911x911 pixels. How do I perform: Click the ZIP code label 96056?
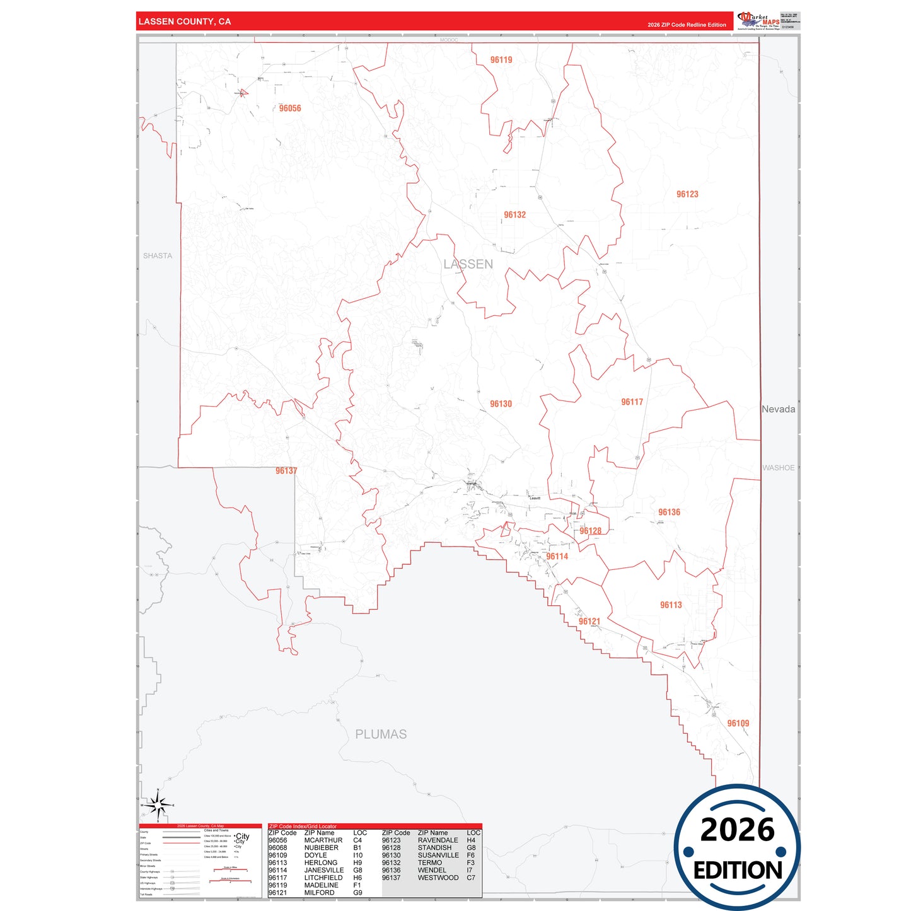click(290, 108)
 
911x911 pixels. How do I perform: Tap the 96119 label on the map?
click(501, 60)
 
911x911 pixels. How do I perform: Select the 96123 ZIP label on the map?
click(687, 194)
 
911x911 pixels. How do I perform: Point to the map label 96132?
click(514, 215)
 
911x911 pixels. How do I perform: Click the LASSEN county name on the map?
click(468, 264)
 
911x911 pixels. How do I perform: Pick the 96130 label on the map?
click(501, 404)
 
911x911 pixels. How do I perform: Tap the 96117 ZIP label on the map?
click(632, 402)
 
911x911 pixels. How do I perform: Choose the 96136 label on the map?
click(669, 513)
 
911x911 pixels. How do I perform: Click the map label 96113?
click(671, 605)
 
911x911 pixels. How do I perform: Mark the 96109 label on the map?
click(738, 724)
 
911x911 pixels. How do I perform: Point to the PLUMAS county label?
click(381, 734)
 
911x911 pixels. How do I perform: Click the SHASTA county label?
click(158, 256)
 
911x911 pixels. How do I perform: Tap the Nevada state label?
click(778, 409)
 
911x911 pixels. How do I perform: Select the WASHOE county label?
click(778, 468)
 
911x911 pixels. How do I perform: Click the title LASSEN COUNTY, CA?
click(185, 21)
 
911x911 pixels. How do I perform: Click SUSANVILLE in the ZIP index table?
click(438, 856)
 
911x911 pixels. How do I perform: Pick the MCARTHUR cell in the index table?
click(323, 840)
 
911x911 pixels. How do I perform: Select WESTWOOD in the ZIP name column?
click(438, 878)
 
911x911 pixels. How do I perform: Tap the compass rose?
click(158, 805)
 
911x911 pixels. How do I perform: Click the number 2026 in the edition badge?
click(737, 830)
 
